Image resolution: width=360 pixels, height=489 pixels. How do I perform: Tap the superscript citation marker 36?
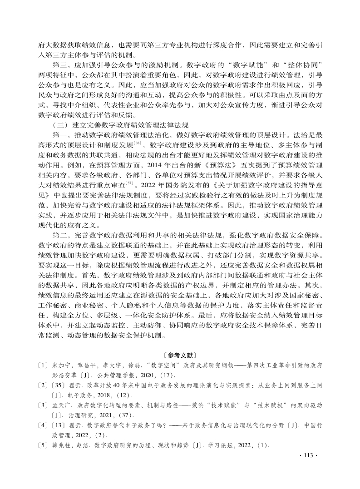click(x=138, y=142)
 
